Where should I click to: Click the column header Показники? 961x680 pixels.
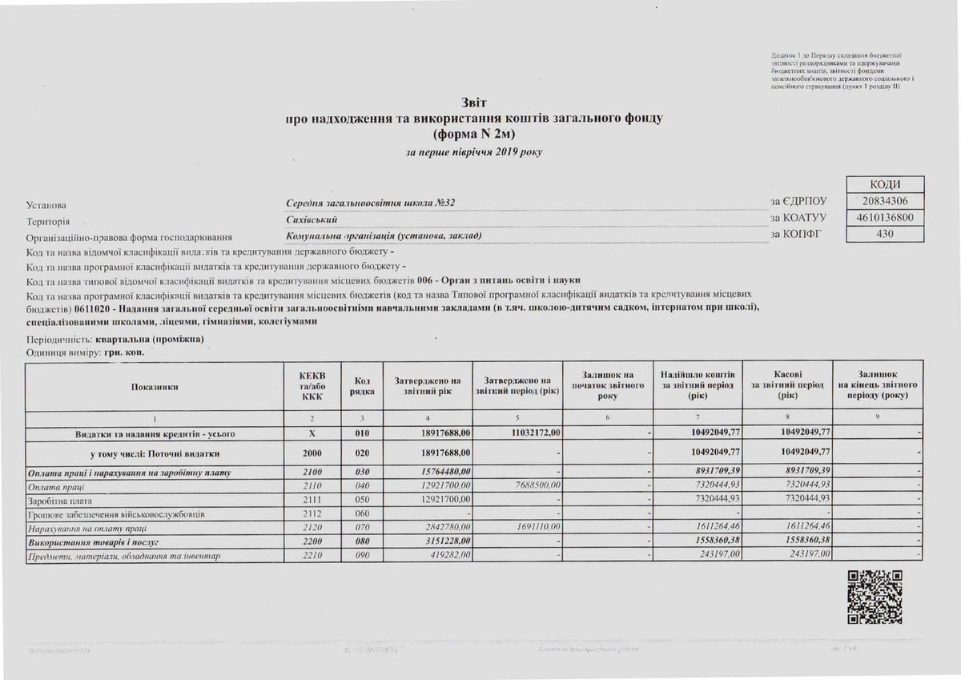pos(154,387)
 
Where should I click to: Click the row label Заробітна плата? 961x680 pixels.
pos(56,500)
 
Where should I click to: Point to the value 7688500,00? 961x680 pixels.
pos(534,486)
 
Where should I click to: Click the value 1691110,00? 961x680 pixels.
pos(534,528)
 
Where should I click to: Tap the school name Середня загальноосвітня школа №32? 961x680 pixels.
pos(372,202)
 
